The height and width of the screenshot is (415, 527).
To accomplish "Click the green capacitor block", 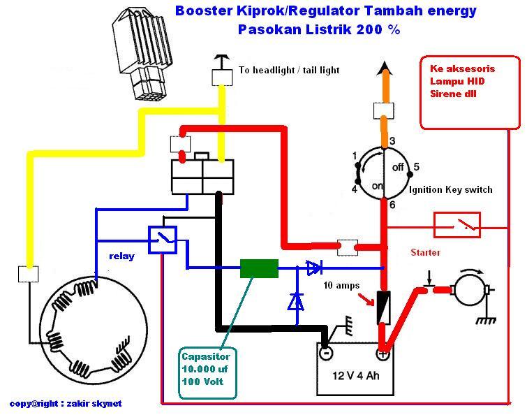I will click(258, 268).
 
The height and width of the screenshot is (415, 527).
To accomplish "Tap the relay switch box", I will click(163, 240).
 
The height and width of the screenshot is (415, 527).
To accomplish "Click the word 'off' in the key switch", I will click(399, 168).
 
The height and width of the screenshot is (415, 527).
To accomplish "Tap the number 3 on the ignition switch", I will click(392, 141).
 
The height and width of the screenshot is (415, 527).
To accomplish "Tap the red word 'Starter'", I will click(425, 252).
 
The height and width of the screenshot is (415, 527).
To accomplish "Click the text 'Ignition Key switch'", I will click(451, 189).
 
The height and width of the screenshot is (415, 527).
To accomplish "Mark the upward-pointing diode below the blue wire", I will click(296, 301).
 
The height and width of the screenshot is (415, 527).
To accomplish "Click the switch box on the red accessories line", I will click(457, 224).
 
